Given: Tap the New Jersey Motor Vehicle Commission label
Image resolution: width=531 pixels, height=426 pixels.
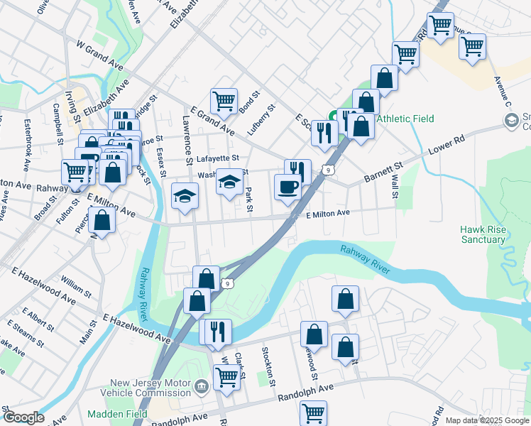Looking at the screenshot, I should [x=141, y=388].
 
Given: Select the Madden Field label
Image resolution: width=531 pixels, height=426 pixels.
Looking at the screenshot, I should [x=117, y=414].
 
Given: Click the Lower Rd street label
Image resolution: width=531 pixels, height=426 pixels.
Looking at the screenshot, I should [x=447, y=148].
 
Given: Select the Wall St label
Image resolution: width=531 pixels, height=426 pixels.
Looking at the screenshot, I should [x=393, y=183].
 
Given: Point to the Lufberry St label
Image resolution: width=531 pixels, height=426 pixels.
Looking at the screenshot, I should [x=261, y=121].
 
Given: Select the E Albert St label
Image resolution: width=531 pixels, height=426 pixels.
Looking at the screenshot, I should [x=38, y=319].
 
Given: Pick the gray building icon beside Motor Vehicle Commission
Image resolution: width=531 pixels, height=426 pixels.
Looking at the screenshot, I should [x=202, y=387].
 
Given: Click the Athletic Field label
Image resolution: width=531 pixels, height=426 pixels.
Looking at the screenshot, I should [x=405, y=119].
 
